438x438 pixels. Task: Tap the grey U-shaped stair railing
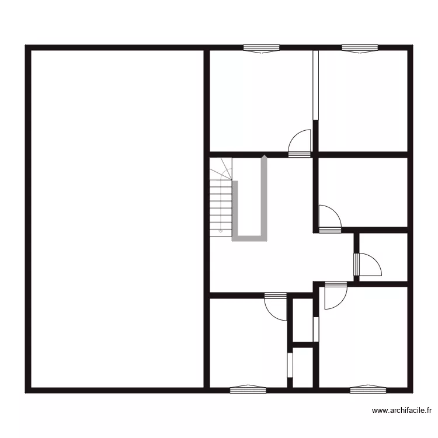(251, 238)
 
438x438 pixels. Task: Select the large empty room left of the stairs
(117, 219)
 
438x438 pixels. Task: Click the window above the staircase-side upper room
(261, 49)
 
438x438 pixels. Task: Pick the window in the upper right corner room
(359, 49)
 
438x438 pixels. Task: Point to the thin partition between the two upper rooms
(315, 85)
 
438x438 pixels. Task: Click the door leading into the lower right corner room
(335, 295)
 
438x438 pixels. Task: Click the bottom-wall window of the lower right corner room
(367, 388)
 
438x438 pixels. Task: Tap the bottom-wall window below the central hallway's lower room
(248, 388)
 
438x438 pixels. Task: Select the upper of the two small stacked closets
(303, 321)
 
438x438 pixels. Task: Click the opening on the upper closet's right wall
(316, 329)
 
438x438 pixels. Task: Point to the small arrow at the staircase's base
(221, 232)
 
